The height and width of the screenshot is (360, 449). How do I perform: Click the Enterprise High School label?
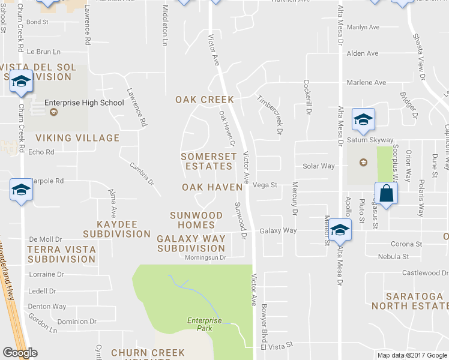click(x=83, y=103)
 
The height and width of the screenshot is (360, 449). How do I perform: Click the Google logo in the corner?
click(x=20, y=353)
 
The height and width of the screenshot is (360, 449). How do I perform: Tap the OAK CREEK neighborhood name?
click(x=204, y=99)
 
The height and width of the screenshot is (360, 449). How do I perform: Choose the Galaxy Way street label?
click(x=278, y=230)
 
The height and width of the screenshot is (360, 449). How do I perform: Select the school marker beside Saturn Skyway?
click(x=363, y=119)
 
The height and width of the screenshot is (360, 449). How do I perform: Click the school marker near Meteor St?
click(x=340, y=230)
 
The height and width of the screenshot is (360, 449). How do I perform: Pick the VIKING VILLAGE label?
click(x=74, y=138)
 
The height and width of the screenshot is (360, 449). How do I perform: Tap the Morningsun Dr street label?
click(x=205, y=257)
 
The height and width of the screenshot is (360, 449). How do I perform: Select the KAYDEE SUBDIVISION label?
click(x=117, y=229)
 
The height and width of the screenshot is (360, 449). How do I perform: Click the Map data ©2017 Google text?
click(x=412, y=355)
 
